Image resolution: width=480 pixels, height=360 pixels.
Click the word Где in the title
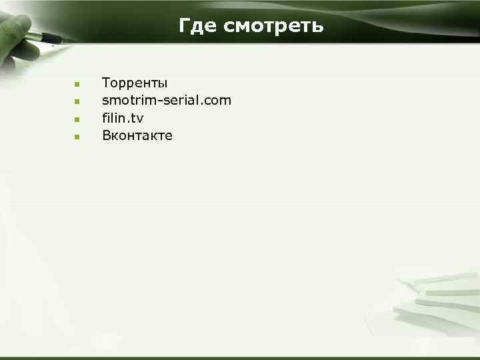click(198, 26)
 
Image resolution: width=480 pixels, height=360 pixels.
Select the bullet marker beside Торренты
click(77, 85)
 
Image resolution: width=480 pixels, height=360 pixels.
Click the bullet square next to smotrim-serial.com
click(77, 102)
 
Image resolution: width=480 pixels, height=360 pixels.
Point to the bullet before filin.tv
click(77, 119)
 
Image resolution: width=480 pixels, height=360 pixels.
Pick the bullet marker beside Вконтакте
click(77, 137)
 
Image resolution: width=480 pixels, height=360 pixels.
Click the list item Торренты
click(135, 83)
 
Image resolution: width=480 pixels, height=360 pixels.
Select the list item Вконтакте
click(137, 135)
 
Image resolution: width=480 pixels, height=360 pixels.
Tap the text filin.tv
click(123, 118)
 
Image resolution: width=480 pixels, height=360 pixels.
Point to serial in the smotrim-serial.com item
click(177, 101)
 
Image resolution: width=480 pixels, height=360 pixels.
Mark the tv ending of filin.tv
click(137, 119)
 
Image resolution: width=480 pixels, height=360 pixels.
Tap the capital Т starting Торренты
click(106, 83)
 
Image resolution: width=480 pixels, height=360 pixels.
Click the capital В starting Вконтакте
click(106, 135)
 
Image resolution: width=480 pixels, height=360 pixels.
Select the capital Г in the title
click(185, 26)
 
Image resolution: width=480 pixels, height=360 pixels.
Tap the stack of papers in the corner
click(440, 300)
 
